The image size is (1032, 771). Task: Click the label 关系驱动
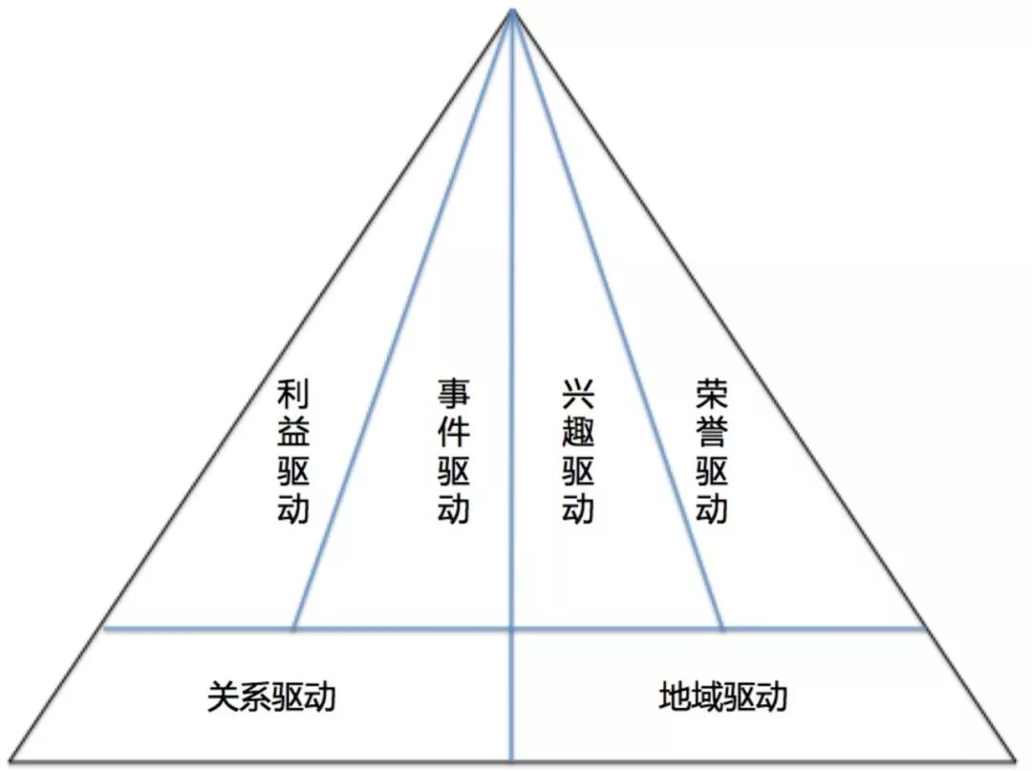[x=271, y=696]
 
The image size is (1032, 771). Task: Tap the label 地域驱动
[x=722, y=696]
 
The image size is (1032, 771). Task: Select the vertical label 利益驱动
[x=293, y=451]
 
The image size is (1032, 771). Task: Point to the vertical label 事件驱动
[x=454, y=451]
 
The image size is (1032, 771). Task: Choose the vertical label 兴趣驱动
[x=578, y=451]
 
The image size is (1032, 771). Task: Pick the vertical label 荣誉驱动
[x=711, y=451]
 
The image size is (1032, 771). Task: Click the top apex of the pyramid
[x=513, y=11]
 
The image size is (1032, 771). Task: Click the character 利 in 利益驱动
[x=293, y=395]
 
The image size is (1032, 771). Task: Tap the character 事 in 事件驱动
[x=454, y=395]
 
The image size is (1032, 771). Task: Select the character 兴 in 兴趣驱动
[x=578, y=395]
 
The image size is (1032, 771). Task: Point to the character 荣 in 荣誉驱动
[x=711, y=395]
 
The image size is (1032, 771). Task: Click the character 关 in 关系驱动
[x=224, y=696]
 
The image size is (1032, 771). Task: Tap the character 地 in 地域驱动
[x=675, y=696]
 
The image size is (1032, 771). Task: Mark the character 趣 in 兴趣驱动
[x=578, y=433]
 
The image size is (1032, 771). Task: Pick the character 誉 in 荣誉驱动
[x=711, y=433]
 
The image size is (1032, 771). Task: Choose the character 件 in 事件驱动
[x=454, y=433]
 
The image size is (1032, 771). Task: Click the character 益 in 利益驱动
[x=293, y=433]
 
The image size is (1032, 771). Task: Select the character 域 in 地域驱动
[x=707, y=696]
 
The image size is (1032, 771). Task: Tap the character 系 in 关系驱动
[x=255, y=696]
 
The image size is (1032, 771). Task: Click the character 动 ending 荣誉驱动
[x=711, y=507]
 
